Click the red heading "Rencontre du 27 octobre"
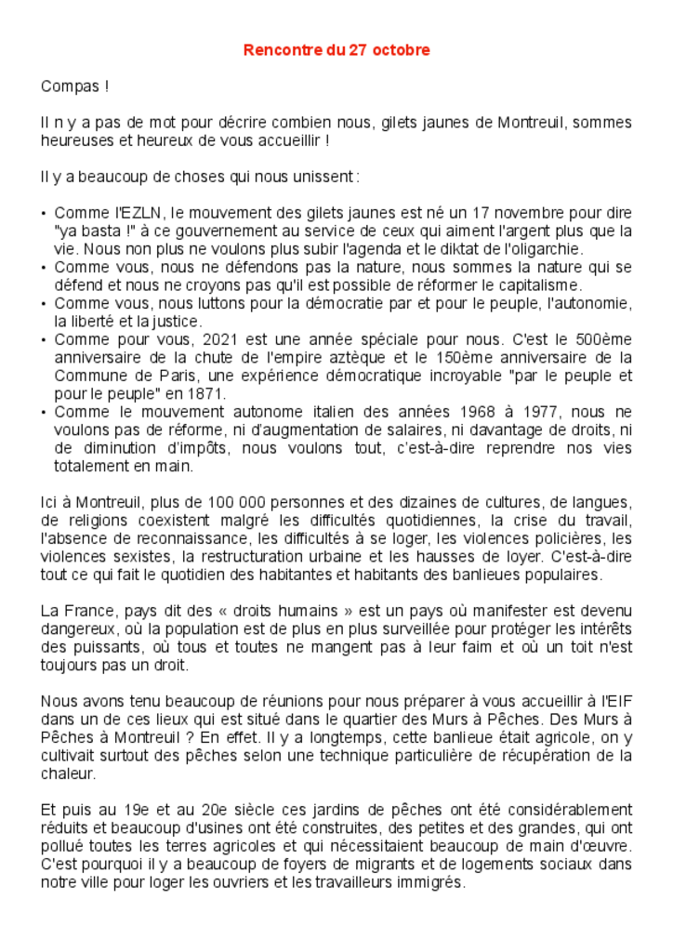336,50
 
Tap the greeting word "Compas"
70,86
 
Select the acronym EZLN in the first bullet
136,213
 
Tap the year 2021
220,339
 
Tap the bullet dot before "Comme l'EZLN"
45,214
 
